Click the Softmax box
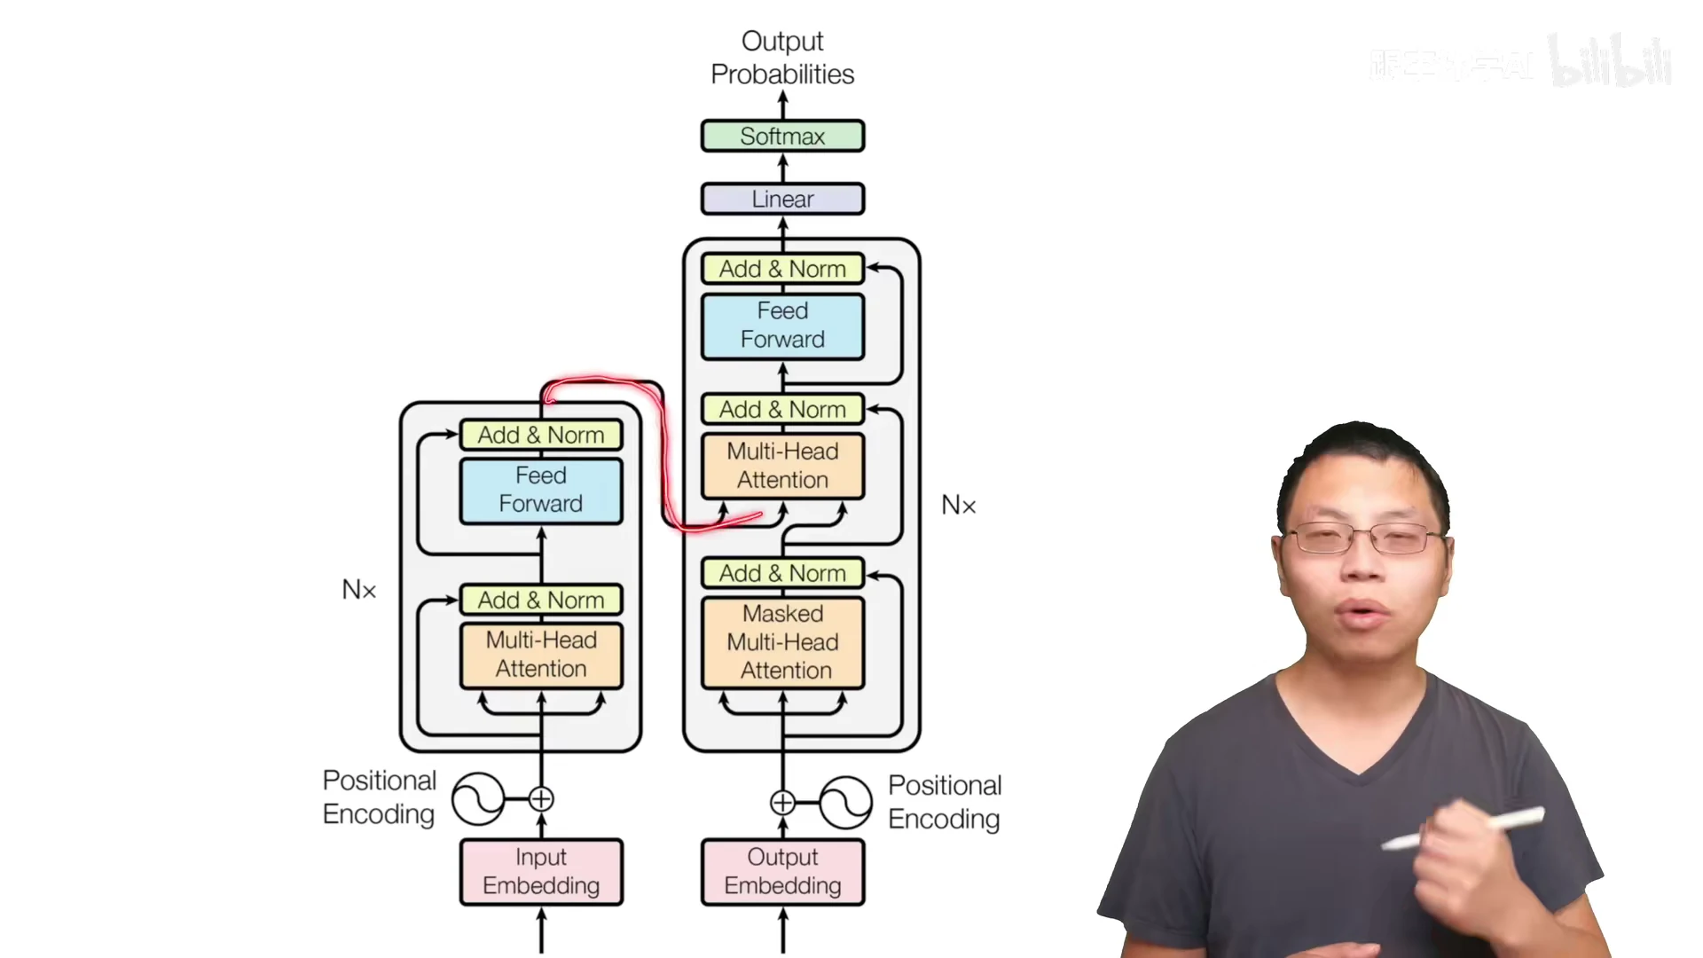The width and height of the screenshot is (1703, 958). pos(782,136)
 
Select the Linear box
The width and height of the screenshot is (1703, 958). pos(782,199)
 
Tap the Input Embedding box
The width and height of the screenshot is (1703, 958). pos(541,871)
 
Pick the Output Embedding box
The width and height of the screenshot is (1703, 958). pos(782,871)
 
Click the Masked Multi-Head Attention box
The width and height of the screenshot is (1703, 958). pos(782,642)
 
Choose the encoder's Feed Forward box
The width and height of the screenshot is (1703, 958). pos(541,490)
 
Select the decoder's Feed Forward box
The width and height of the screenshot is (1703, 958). pos(782,326)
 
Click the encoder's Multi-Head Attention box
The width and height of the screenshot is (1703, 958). pos(541,655)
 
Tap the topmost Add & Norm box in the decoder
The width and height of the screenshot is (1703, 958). pos(782,268)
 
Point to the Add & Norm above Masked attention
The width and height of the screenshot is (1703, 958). pos(782,573)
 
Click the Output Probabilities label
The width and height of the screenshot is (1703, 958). pos(782,58)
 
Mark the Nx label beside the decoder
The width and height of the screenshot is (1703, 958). pos(958,506)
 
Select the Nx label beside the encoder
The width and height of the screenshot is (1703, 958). pos(359,590)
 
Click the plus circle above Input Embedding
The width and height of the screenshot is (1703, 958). pos(541,799)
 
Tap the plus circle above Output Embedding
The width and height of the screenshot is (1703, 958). pos(782,803)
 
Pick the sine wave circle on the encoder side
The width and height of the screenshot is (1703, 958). pos(478,799)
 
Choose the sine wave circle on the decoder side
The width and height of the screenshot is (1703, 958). pos(845,803)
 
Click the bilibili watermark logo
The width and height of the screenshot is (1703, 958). pos(1610,62)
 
